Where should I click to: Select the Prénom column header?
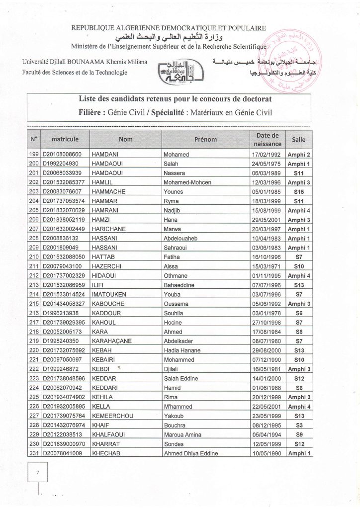pyautogui.click(x=205, y=140)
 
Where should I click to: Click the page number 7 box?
pyautogui.click(x=37, y=473)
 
